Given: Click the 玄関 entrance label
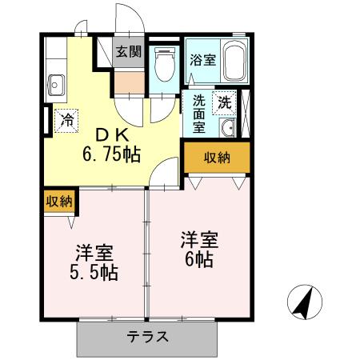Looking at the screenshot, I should point(128,53).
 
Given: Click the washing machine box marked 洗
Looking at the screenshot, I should point(225,102).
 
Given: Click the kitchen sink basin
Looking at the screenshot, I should point(58,82).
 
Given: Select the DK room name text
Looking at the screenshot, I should point(114,134).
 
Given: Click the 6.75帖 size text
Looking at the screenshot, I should point(114,154).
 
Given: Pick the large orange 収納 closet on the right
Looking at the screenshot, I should point(216,158).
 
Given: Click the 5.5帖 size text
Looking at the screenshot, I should point(94,273).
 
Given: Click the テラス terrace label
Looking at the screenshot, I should point(147,337).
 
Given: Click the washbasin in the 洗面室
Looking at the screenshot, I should point(226,128).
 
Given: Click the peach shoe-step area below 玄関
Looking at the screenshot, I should point(127,82).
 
